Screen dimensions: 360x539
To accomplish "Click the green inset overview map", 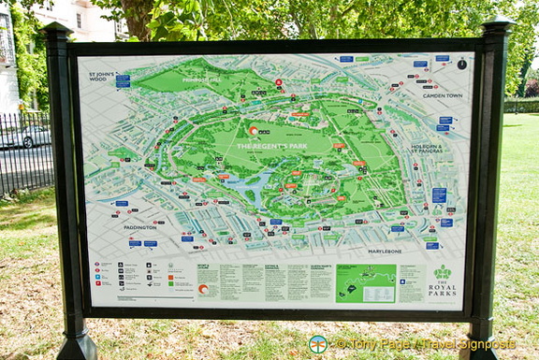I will point(366,282).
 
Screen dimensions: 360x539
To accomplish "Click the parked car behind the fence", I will point(28,137).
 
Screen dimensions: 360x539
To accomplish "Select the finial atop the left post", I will point(56,30).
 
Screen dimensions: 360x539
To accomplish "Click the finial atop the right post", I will point(496,25).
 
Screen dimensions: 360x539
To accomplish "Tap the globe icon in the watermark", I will point(318,344).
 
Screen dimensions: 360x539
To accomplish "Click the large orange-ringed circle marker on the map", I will point(253,131).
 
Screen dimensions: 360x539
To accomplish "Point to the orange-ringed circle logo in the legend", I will point(203,290).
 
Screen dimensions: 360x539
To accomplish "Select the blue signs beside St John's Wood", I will point(123,81).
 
